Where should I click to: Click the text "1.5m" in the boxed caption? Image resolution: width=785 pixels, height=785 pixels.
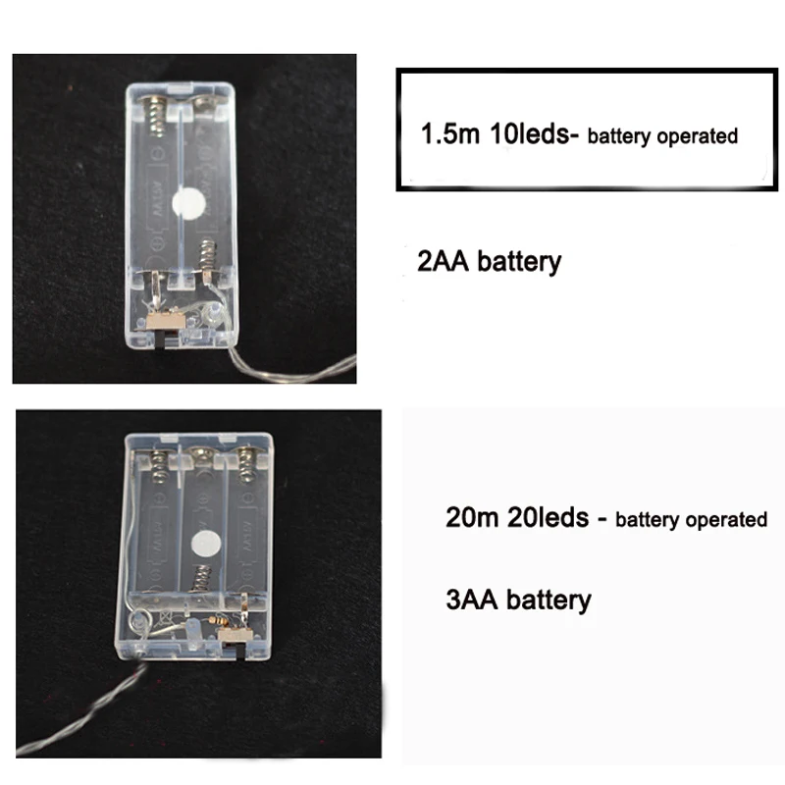coord(450,133)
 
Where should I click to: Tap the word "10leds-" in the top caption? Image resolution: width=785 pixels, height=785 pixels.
coord(534,133)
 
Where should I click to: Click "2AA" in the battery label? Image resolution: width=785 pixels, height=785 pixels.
coord(444,261)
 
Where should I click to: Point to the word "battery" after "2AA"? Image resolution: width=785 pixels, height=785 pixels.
coord(519,262)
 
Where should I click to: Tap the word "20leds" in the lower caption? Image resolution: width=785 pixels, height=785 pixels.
coord(549,517)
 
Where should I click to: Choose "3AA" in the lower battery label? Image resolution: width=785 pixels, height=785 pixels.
coord(472,600)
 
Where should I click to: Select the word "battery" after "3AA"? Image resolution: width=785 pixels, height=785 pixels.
coord(549,601)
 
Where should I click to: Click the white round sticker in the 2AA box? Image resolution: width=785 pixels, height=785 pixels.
coord(188,203)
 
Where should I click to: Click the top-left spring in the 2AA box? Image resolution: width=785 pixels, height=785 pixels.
coord(156,116)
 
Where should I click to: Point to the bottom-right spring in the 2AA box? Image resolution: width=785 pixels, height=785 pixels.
coord(207,256)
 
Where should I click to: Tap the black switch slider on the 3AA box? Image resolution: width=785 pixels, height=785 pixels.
coord(239,650)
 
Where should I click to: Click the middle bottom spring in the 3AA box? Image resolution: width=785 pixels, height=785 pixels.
coord(201,578)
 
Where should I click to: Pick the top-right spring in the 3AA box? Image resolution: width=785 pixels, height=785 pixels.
coord(245,465)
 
